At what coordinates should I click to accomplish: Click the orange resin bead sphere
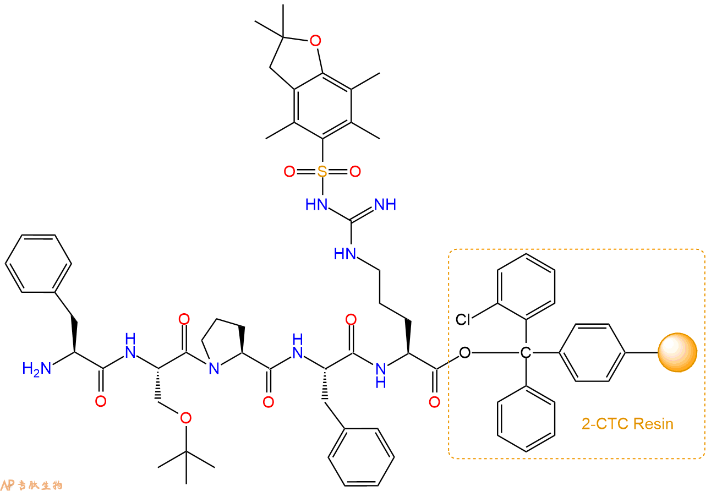pyautogui.click(x=677, y=352)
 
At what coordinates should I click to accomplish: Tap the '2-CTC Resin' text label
pyautogui.click(x=627, y=424)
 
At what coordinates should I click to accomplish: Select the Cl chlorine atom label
pyautogui.click(x=463, y=320)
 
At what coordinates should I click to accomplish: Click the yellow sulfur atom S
pyautogui.click(x=322, y=171)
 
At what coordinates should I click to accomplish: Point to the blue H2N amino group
pyautogui.click(x=36, y=369)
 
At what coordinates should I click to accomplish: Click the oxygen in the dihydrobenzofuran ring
pyautogui.click(x=315, y=41)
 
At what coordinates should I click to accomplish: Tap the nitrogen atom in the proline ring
pyautogui.click(x=214, y=369)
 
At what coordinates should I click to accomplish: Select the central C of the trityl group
pyautogui.click(x=526, y=353)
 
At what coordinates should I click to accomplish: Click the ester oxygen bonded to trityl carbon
pyautogui.click(x=464, y=353)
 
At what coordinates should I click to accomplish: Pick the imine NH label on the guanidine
pyautogui.click(x=385, y=204)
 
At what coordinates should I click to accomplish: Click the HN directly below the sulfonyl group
pyautogui.click(x=316, y=204)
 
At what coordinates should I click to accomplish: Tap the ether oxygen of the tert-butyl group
pyautogui.click(x=185, y=418)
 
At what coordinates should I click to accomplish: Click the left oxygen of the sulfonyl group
pyautogui.click(x=289, y=171)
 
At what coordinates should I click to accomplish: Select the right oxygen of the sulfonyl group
pyautogui.click(x=355, y=171)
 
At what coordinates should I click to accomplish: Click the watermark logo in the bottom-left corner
pyautogui.click(x=31, y=484)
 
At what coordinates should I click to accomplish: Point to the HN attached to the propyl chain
pyautogui.click(x=345, y=254)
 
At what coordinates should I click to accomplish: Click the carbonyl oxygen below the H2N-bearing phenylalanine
pyautogui.click(x=101, y=401)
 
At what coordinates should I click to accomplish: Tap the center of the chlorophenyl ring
pyautogui.click(x=526, y=287)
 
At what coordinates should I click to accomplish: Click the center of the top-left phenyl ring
pyautogui.click(x=38, y=263)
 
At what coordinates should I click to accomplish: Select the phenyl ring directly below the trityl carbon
pyautogui.click(x=526, y=419)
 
